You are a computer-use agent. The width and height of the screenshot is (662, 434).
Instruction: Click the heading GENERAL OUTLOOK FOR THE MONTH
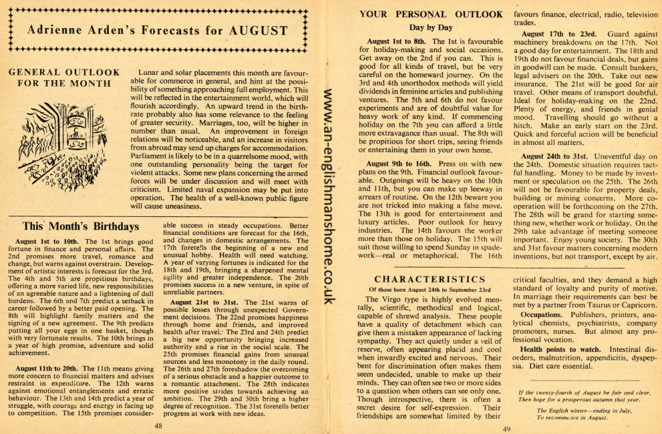[x=63, y=77]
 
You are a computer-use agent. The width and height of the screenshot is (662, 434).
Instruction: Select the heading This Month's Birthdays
[x=80, y=226]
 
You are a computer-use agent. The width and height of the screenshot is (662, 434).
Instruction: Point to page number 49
[x=506, y=429]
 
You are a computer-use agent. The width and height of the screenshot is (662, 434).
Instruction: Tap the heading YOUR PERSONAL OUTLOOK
[x=431, y=14]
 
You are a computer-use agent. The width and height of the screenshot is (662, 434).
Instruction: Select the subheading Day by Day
[x=431, y=27]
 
